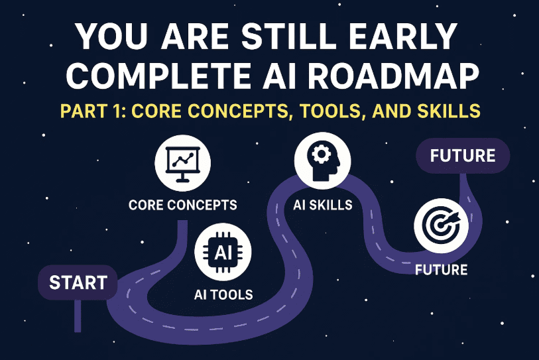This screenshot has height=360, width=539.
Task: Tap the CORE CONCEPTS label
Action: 182,205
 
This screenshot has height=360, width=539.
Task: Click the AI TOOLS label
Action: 223,294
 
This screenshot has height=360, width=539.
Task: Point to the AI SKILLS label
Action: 322,205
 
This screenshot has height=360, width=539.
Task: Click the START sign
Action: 77,282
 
